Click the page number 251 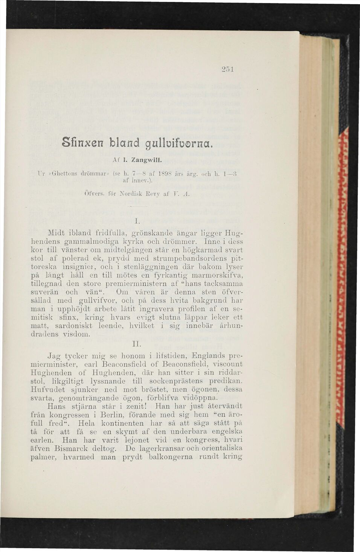pyautogui.click(x=228, y=70)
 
